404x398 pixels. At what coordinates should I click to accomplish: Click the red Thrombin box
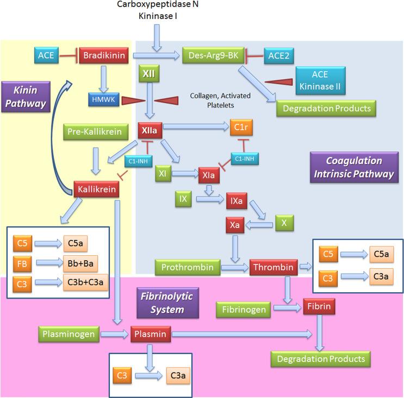pos(273,268)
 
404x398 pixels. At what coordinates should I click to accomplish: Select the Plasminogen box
pos(66,334)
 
